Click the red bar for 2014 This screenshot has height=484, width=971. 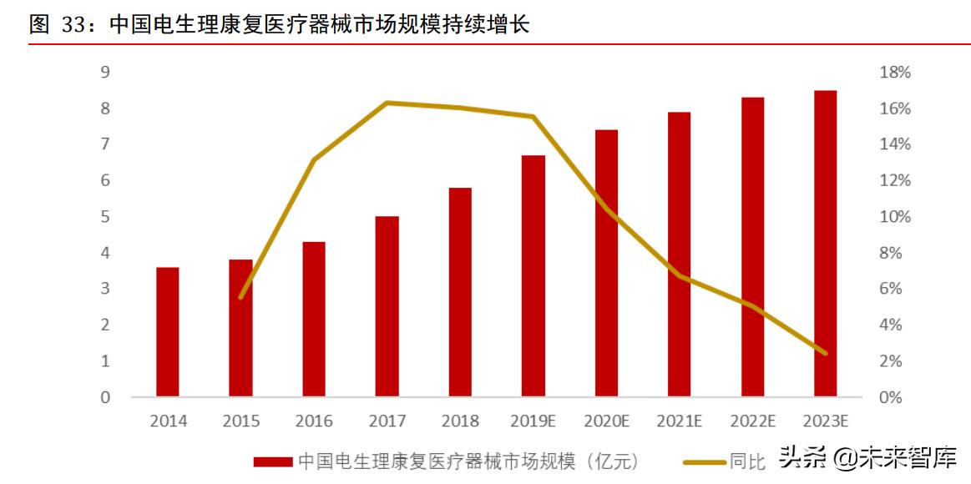[167, 331]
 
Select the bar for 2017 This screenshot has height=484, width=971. [387, 305]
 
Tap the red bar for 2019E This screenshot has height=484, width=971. [534, 275]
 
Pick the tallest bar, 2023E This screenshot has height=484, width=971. [825, 243]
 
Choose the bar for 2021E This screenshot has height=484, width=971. [680, 254]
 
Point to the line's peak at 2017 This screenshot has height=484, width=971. [387, 103]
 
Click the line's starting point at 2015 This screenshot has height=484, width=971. [241, 297]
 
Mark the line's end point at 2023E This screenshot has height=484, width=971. [825, 353]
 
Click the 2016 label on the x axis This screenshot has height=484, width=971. [314, 421]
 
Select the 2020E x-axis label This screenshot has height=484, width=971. [606, 421]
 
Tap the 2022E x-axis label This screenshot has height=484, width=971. [752, 421]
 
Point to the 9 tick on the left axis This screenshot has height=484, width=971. [105, 73]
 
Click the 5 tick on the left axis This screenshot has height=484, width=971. [105, 217]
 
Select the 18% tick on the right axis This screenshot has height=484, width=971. [895, 73]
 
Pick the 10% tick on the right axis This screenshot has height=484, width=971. [895, 217]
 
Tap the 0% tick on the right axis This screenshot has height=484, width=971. [895, 397]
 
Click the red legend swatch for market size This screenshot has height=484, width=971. [273, 461]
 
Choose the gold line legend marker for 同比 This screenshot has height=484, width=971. [704, 461]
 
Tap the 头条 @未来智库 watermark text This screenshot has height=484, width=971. [868, 458]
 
